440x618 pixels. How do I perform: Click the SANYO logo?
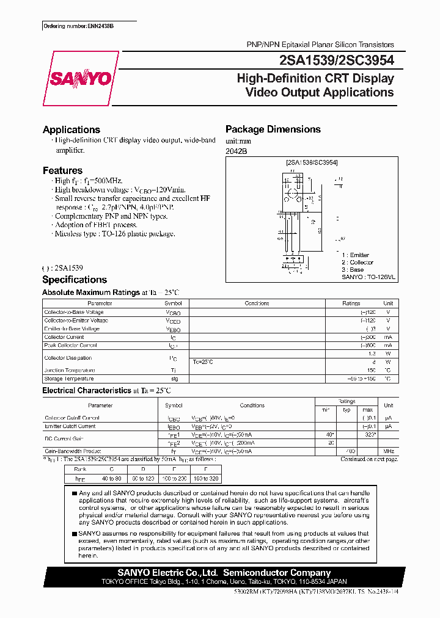(x=79, y=79)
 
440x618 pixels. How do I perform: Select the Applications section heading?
(x=71, y=129)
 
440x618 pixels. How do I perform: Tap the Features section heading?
(x=62, y=170)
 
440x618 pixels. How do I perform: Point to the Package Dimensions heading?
(x=273, y=129)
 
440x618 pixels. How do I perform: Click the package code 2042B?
(x=237, y=151)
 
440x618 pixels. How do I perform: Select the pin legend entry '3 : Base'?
(x=353, y=269)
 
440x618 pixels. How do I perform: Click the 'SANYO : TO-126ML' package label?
(x=369, y=277)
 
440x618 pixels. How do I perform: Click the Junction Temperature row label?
(x=70, y=370)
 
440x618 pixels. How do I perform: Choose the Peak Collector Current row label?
(x=70, y=345)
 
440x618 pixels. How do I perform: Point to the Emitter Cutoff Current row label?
(x=70, y=426)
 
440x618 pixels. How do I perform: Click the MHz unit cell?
(x=388, y=451)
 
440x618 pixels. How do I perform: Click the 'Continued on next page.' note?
(x=369, y=459)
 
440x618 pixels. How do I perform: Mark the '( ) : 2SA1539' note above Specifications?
(x=63, y=267)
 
